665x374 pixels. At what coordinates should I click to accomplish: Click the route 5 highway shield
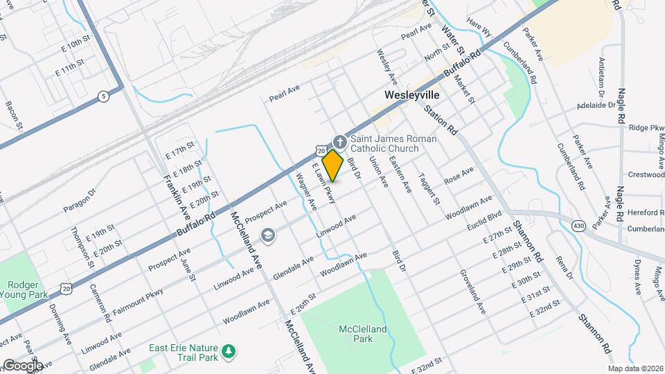tap(103, 96)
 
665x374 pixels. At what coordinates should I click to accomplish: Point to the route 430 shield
tap(578, 225)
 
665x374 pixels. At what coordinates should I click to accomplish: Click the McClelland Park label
tap(363, 335)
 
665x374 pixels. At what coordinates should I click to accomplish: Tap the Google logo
tap(22, 365)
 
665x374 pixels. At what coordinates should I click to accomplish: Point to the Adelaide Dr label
tap(596, 107)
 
